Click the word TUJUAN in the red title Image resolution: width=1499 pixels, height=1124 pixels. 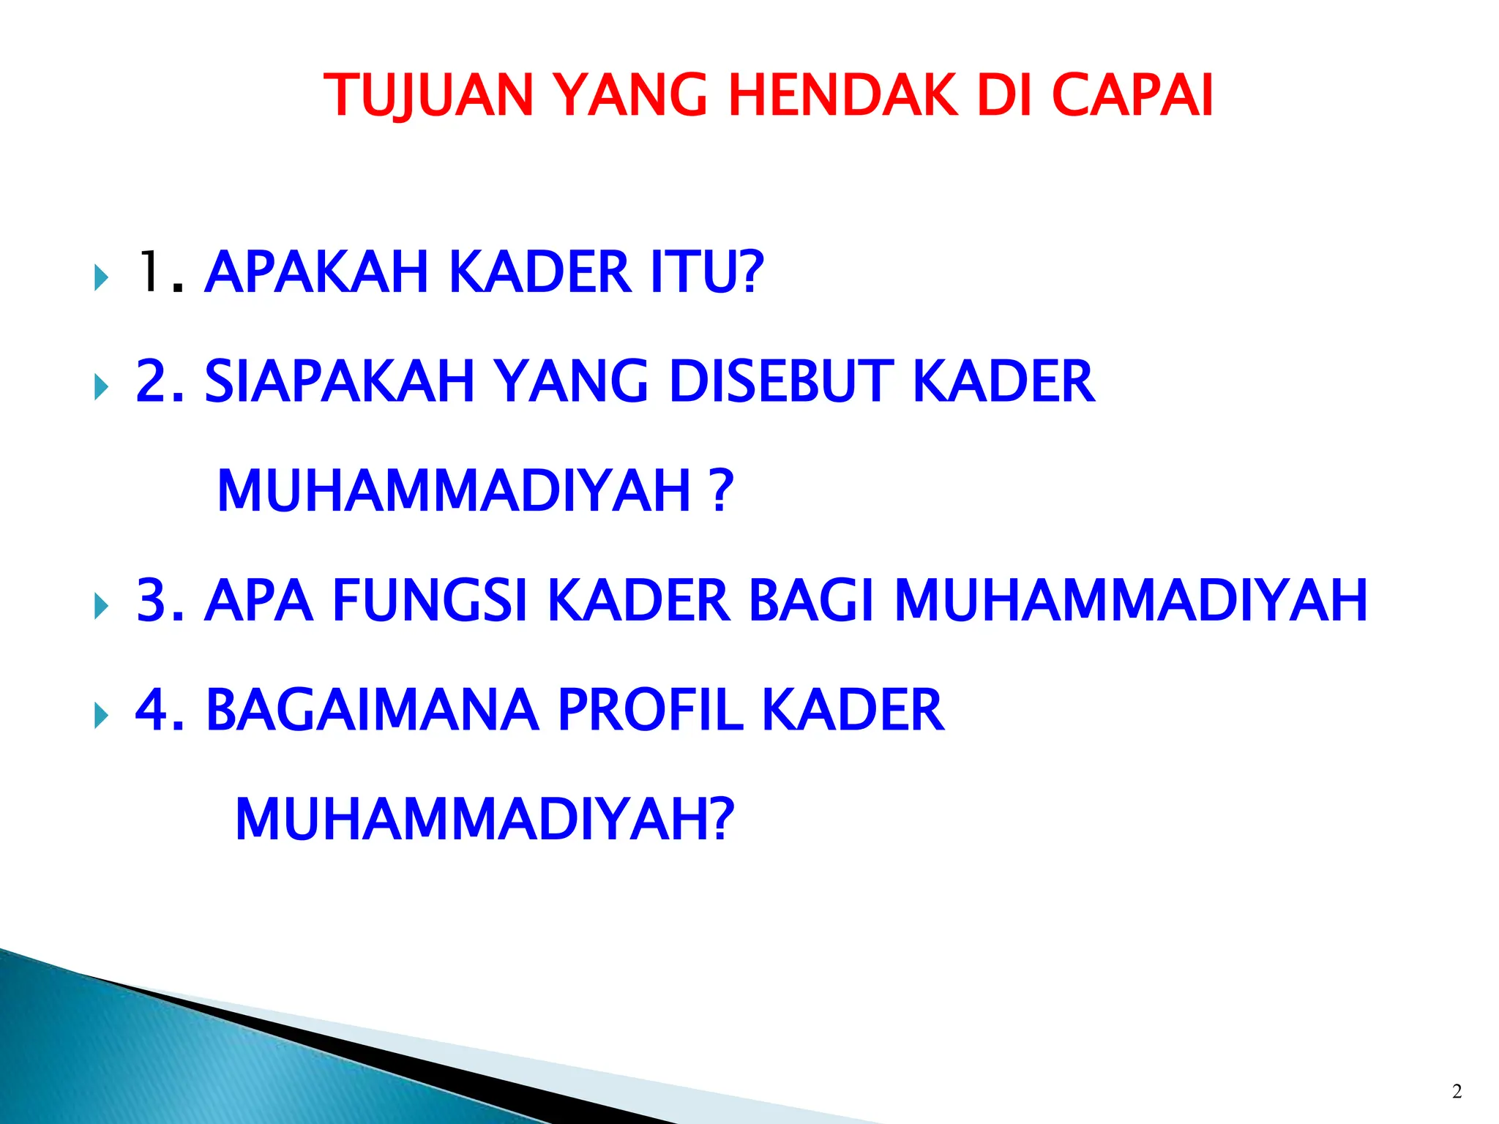(428, 95)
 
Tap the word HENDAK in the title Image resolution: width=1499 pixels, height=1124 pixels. (842, 95)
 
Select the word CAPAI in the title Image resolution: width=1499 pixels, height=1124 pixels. (1132, 95)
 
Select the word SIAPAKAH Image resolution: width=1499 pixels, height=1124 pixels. (340, 381)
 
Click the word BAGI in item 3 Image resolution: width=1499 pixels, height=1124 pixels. (812, 601)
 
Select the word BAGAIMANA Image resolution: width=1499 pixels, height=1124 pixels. (373, 710)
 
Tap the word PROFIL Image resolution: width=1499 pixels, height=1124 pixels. (650, 710)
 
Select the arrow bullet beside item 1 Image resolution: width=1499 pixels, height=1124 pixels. (101, 278)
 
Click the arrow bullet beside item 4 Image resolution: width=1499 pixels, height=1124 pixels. (101, 716)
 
